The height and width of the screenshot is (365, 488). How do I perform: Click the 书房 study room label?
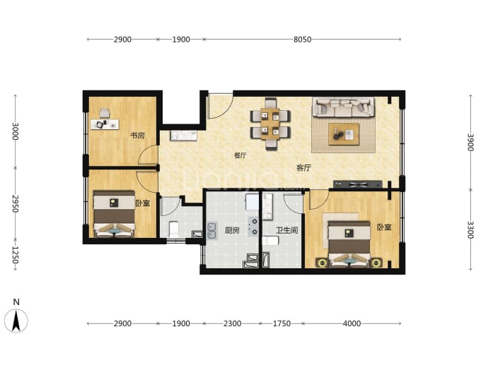pyautogui.click(x=137, y=136)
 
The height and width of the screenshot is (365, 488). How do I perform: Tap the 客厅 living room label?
pyautogui.click(x=303, y=168)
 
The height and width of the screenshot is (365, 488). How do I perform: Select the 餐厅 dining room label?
pyautogui.click(x=240, y=155)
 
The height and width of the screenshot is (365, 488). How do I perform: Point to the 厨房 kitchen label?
pyautogui.click(x=232, y=230)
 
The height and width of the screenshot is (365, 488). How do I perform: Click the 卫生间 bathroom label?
pyautogui.click(x=287, y=230)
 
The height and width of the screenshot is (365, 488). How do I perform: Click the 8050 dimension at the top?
pyautogui.click(x=302, y=40)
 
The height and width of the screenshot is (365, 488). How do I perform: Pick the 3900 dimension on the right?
pyautogui.click(x=470, y=142)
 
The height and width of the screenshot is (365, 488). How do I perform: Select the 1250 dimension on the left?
pyautogui.click(x=16, y=255)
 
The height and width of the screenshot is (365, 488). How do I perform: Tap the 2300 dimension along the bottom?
pyautogui.click(x=232, y=323)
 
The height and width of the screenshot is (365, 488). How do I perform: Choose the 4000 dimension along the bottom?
pyautogui.click(x=352, y=323)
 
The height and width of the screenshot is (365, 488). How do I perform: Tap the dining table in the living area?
pyautogui.click(x=270, y=124)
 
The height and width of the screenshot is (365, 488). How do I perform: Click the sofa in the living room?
pyautogui.click(x=344, y=107)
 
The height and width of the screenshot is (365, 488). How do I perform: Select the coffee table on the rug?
pyautogui.click(x=344, y=134)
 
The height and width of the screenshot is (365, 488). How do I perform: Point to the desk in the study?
pyautogui.click(x=105, y=124)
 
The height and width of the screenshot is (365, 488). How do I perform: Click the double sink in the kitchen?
pyautogui.click(x=212, y=230)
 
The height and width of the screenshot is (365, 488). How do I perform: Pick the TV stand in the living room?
pyautogui.click(x=358, y=184)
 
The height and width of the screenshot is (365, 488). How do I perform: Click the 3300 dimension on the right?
pyautogui.click(x=470, y=230)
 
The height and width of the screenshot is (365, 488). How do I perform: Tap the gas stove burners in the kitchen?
pyautogui.click(x=254, y=227)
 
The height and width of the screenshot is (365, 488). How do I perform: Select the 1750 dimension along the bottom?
pyautogui.click(x=281, y=323)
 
